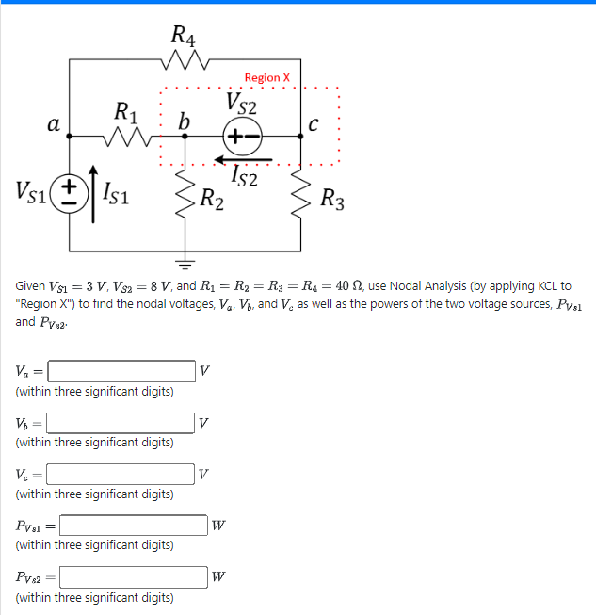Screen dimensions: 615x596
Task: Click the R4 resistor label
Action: (x=184, y=38)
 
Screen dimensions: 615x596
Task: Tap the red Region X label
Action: (x=267, y=77)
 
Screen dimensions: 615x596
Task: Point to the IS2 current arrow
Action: (x=246, y=159)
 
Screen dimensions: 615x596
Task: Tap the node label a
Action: (x=54, y=123)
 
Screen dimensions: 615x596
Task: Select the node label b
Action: (x=184, y=121)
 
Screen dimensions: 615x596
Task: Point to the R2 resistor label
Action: (x=212, y=200)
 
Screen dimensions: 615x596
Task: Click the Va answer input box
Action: (x=121, y=370)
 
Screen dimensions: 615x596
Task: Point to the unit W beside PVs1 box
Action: (x=218, y=526)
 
